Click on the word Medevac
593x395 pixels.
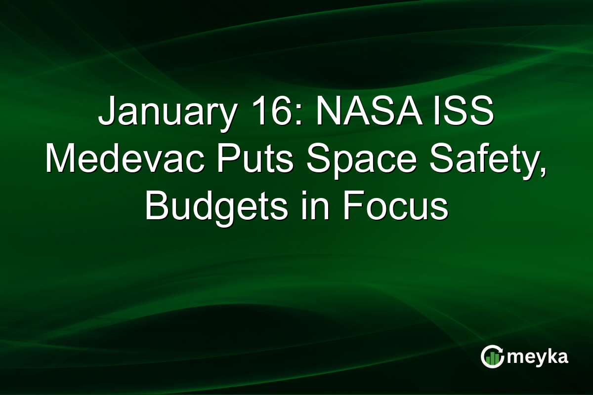tap(116, 160)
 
